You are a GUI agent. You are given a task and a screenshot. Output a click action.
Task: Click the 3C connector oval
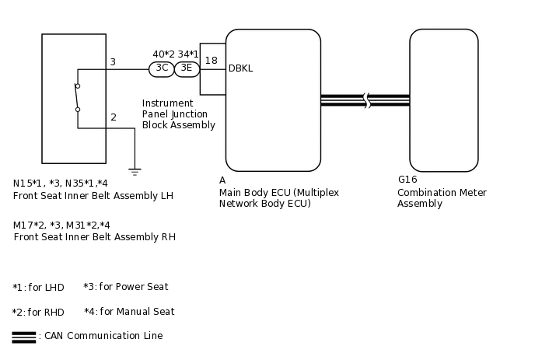[x=162, y=68]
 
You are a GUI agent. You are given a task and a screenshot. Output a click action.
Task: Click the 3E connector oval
[x=187, y=68]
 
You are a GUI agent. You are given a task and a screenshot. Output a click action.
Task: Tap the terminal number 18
[x=212, y=61]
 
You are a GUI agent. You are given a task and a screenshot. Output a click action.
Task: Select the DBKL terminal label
[x=240, y=68]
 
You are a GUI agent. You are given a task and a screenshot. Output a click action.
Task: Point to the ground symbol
[x=135, y=170]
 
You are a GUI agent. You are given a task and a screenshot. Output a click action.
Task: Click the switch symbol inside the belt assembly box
[x=77, y=97]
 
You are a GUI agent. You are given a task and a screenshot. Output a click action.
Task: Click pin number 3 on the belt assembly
[x=113, y=62]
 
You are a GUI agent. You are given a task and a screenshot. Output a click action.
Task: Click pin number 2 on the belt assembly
[x=114, y=117]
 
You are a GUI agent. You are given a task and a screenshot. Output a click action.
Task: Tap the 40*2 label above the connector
[x=163, y=54]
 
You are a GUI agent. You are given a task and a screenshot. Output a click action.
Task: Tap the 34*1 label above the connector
[x=188, y=54]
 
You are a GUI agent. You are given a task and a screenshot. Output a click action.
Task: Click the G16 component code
[x=407, y=180]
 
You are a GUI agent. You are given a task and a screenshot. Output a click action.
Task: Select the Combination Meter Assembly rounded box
[x=443, y=100]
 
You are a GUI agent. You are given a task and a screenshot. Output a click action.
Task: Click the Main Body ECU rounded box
[x=273, y=100]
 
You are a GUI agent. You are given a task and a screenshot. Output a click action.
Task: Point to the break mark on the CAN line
[x=366, y=100]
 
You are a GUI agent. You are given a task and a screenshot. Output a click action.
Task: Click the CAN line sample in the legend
[x=24, y=337]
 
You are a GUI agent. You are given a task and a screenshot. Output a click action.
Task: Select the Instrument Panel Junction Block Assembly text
[x=179, y=114]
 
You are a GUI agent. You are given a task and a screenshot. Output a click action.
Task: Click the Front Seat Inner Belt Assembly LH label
[x=93, y=196]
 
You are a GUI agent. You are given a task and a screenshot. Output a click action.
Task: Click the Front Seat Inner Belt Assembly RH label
[x=94, y=237]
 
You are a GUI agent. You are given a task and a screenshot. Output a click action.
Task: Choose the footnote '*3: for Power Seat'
[x=126, y=287]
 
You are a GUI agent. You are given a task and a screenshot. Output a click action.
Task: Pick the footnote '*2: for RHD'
[x=38, y=313]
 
